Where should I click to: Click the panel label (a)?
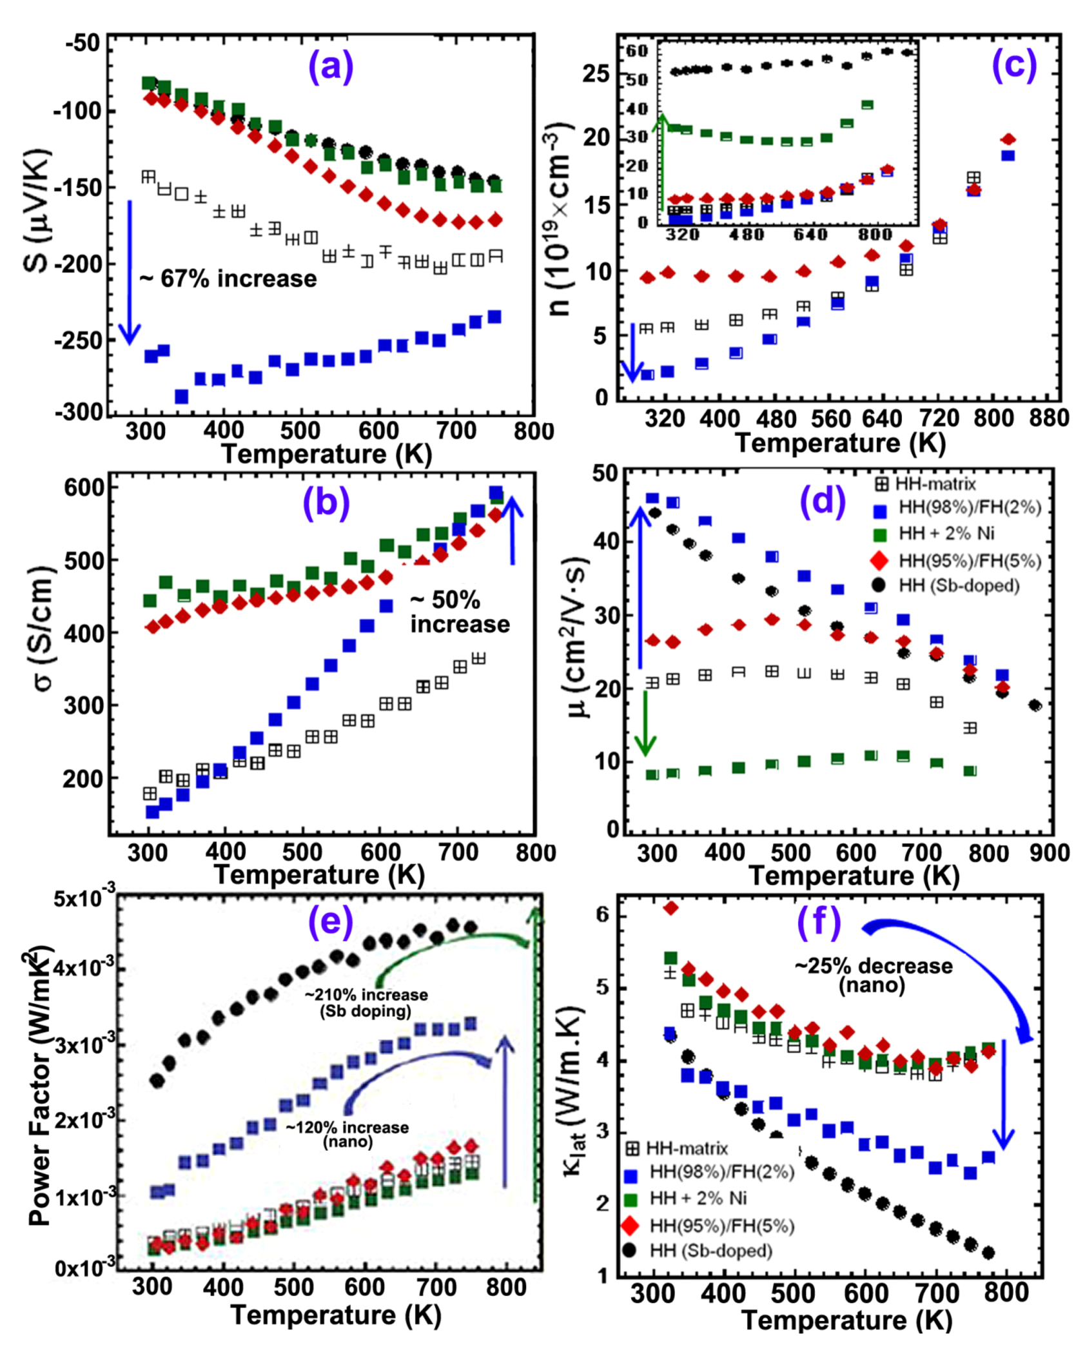tap(331, 66)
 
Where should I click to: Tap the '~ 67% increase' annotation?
tap(228, 279)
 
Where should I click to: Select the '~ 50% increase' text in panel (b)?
tap(459, 612)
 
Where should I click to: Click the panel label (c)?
tap(1013, 66)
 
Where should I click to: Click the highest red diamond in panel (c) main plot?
tap(1008, 139)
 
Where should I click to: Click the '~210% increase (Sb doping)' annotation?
tap(366, 1003)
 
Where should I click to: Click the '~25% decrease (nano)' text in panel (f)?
tap(873, 975)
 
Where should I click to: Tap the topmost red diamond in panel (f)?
tap(670, 908)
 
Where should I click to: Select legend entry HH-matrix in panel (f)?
tap(677, 1148)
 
